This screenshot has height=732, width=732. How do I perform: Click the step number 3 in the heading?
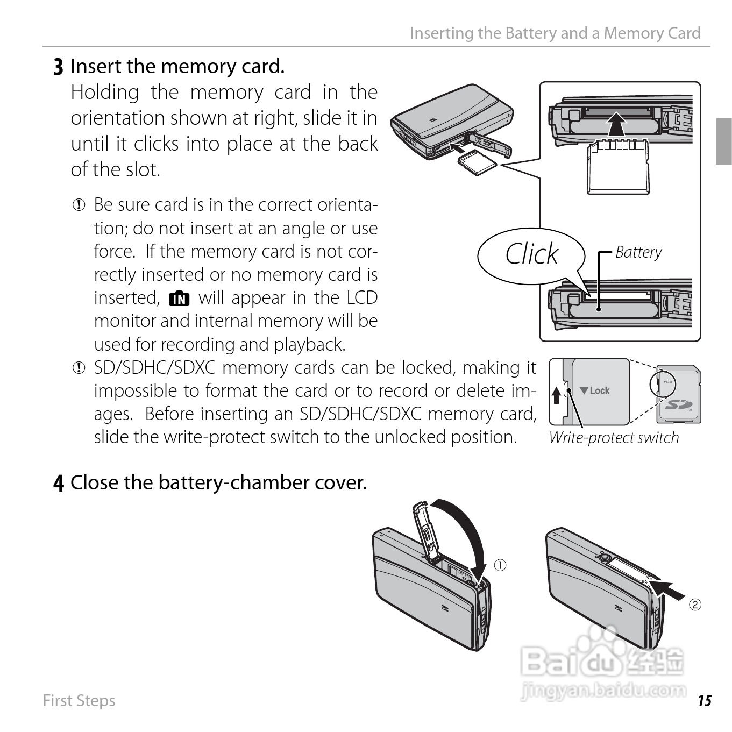click(x=58, y=67)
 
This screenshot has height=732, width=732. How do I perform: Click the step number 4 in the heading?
click(x=59, y=483)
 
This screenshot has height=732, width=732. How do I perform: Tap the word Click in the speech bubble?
click(x=531, y=254)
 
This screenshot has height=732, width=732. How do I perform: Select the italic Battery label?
click(x=638, y=252)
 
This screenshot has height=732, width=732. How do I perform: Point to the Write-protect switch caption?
click(x=614, y=438)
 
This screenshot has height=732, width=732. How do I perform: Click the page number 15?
click(x=705, y=701)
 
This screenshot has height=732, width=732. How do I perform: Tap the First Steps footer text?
click(x=79, y=701)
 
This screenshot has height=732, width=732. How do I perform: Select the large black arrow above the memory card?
click(x=616, y=125)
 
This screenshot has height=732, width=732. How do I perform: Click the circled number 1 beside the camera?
click(x=500, y=565)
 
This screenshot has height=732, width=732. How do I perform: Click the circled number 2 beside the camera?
click(x=695, y=605)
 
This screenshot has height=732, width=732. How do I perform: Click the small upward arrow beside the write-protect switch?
click(x=557, y=396)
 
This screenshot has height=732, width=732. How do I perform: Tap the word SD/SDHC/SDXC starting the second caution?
click(x=154, y=368)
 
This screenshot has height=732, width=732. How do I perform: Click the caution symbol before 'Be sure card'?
click(x=79, y=205)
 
